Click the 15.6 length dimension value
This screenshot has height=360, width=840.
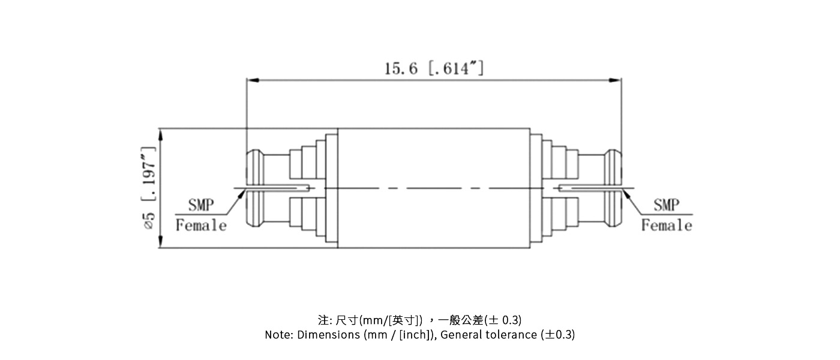coord(401,68)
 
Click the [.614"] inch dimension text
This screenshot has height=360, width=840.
coord(456,68)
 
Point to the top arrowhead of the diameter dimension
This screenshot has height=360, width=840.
coord(160,134)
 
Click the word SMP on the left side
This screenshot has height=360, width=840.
coord(201,205)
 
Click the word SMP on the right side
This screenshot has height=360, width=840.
coord(666,205)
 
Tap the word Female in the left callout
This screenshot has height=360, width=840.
coord(201,226)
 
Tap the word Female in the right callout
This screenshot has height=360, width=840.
coord(666,226)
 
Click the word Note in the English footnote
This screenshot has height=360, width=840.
coord(278,335)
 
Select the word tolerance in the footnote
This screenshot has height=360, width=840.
coord(509,335)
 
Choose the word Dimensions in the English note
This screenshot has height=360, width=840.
coord(328,335)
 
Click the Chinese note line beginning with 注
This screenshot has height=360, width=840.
coord(419,319)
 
